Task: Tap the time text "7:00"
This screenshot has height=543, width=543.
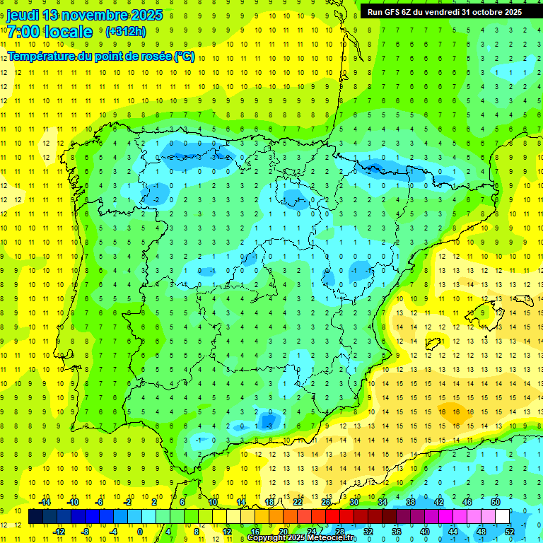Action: (x=25, y=32)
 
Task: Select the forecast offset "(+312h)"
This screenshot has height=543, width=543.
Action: (x=126, y=32)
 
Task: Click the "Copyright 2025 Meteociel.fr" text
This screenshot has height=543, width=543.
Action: (x=301, y=538)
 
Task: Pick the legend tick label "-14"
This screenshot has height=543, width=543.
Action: (x=45, y=502)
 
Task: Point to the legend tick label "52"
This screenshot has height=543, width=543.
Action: (x=510, y=531)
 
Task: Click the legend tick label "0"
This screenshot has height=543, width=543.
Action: (x=140, y=531)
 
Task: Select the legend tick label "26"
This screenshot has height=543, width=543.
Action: (x=326, y=502)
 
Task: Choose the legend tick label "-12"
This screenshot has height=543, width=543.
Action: (x=59, y=531)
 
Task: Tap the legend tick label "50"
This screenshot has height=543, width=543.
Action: (x=496, y=502)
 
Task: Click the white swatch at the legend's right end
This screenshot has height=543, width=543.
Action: (x=503, y=516)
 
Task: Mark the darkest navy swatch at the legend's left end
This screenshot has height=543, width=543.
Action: (x=35, y=516)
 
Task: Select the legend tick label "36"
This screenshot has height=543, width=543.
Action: (x=397, y=531)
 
